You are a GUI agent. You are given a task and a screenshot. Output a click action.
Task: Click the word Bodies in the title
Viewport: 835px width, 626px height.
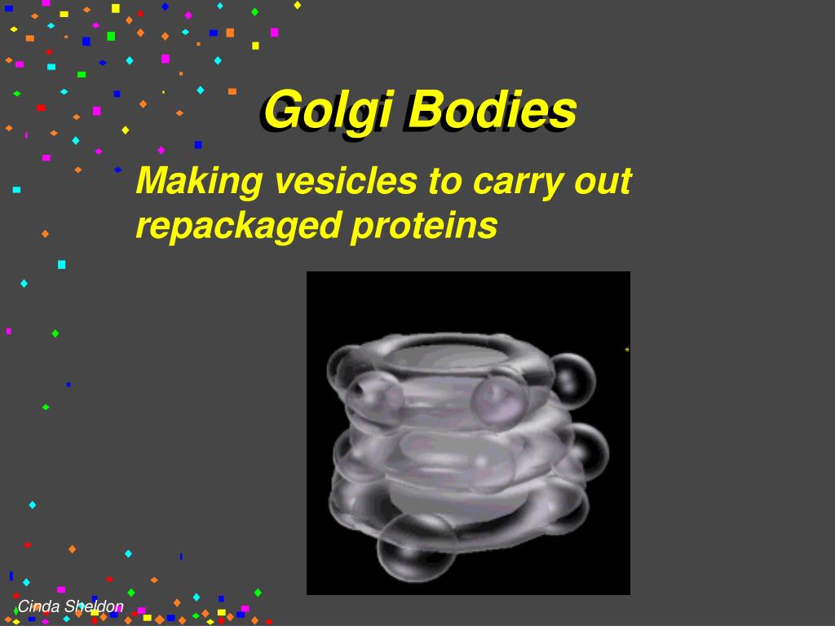click(x=492, y=110)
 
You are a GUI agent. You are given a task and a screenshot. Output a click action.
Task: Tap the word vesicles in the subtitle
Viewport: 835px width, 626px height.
click(x=346, y=180)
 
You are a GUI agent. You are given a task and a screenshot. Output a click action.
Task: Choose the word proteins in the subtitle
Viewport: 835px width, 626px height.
click(x=424, y=227)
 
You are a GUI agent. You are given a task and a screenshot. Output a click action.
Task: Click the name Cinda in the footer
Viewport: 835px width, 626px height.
click(x=38, y=606)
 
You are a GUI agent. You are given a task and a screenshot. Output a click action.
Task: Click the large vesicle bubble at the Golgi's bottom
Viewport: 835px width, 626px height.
click(x=417, y=548)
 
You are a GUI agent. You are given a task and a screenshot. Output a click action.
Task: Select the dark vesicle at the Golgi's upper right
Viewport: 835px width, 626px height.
click(x=573, y=381)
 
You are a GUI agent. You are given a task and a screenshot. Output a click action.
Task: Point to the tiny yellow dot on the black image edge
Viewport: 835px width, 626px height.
click(x=627, y=349)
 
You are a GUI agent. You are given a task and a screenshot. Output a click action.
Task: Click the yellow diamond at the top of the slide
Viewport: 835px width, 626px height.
click(x=298, y=6)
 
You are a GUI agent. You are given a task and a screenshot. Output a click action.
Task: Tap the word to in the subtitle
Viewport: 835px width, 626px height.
click(x=445, y=181)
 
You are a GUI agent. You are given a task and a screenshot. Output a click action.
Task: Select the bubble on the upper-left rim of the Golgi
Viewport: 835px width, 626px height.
click(x=345, y=368)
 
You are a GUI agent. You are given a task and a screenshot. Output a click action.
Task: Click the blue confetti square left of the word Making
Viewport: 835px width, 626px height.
click(x=117, y=170)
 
